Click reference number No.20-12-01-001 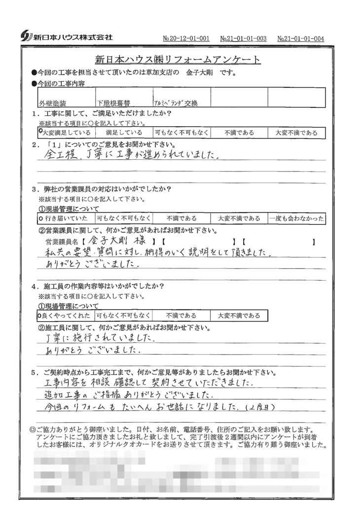pos(186,38)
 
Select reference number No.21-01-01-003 pos(243,38)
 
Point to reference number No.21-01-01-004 pos(300,38)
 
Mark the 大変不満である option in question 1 pos(296,133)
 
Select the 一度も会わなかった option pos(296,218)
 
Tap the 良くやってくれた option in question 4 pos(66,315)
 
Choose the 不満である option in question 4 pos(181,315)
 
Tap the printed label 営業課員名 pos(61,242)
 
